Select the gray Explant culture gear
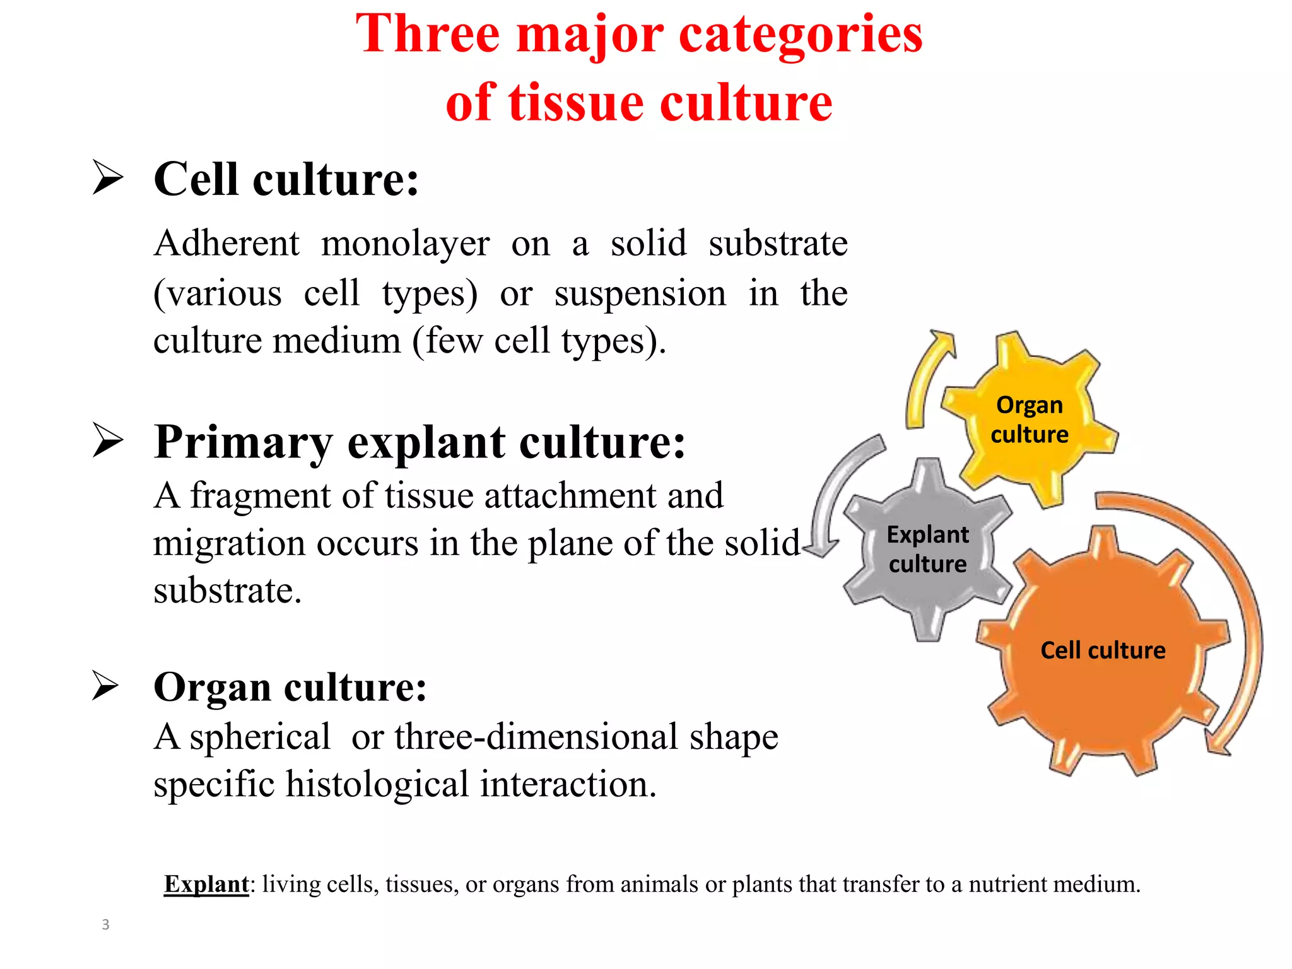[927, 548]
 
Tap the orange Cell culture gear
[1103, 650]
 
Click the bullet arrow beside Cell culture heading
[107, 177]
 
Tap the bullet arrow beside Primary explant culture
[107, 440]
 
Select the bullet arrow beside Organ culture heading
[105, 686]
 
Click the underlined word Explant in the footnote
[206, 884]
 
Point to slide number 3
[105, 925]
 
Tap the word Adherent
[226, 244]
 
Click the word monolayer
[405, 244]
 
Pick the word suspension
[640, 294]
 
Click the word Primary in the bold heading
[242, 442]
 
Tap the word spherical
[259, 737]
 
